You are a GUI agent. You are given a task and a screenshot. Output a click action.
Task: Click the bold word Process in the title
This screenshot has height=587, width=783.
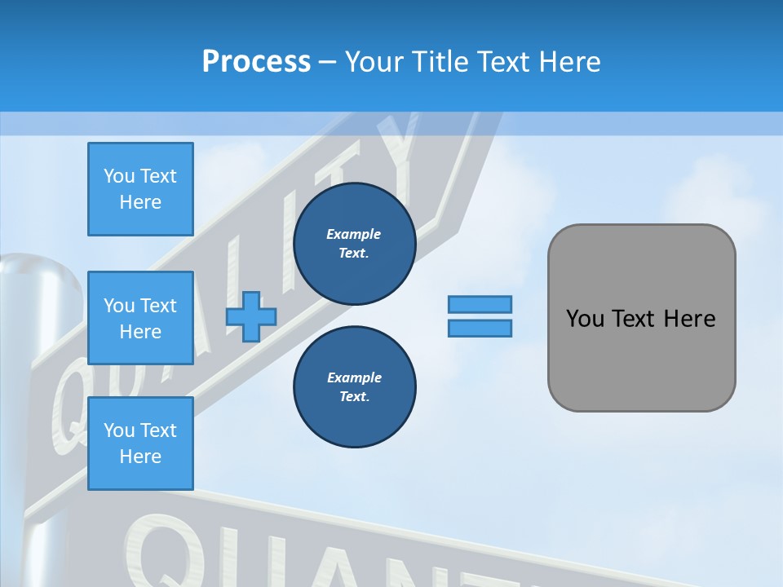(x=256, y=62)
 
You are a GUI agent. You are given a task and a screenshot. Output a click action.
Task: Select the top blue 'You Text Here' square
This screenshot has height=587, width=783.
(x=140, y=189)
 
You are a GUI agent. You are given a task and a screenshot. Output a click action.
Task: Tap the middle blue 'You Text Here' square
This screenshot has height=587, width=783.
(x=140, y=318)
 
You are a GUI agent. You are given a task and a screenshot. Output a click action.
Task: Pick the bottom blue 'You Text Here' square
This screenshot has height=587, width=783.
(x=140, y=444)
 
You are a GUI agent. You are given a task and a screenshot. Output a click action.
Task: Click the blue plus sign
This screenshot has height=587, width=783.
(x=251, y=317)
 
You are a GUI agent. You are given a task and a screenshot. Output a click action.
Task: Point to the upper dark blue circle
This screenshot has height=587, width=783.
(x=354, y=244)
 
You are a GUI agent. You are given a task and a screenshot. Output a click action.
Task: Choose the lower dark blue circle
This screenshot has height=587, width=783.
(x=354, y=387)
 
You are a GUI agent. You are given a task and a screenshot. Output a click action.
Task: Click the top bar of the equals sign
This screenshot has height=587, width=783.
(x=480, y=305)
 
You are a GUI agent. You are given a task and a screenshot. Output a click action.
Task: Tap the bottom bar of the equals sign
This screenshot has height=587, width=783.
(x=480, y=329)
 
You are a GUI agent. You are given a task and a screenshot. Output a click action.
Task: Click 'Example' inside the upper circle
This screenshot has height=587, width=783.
(x=354, y=234)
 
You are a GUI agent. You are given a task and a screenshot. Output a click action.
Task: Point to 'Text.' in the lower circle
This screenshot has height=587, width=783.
(x=354, y=397)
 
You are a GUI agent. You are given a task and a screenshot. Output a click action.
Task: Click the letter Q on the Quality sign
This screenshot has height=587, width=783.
(x=72, y=404)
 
